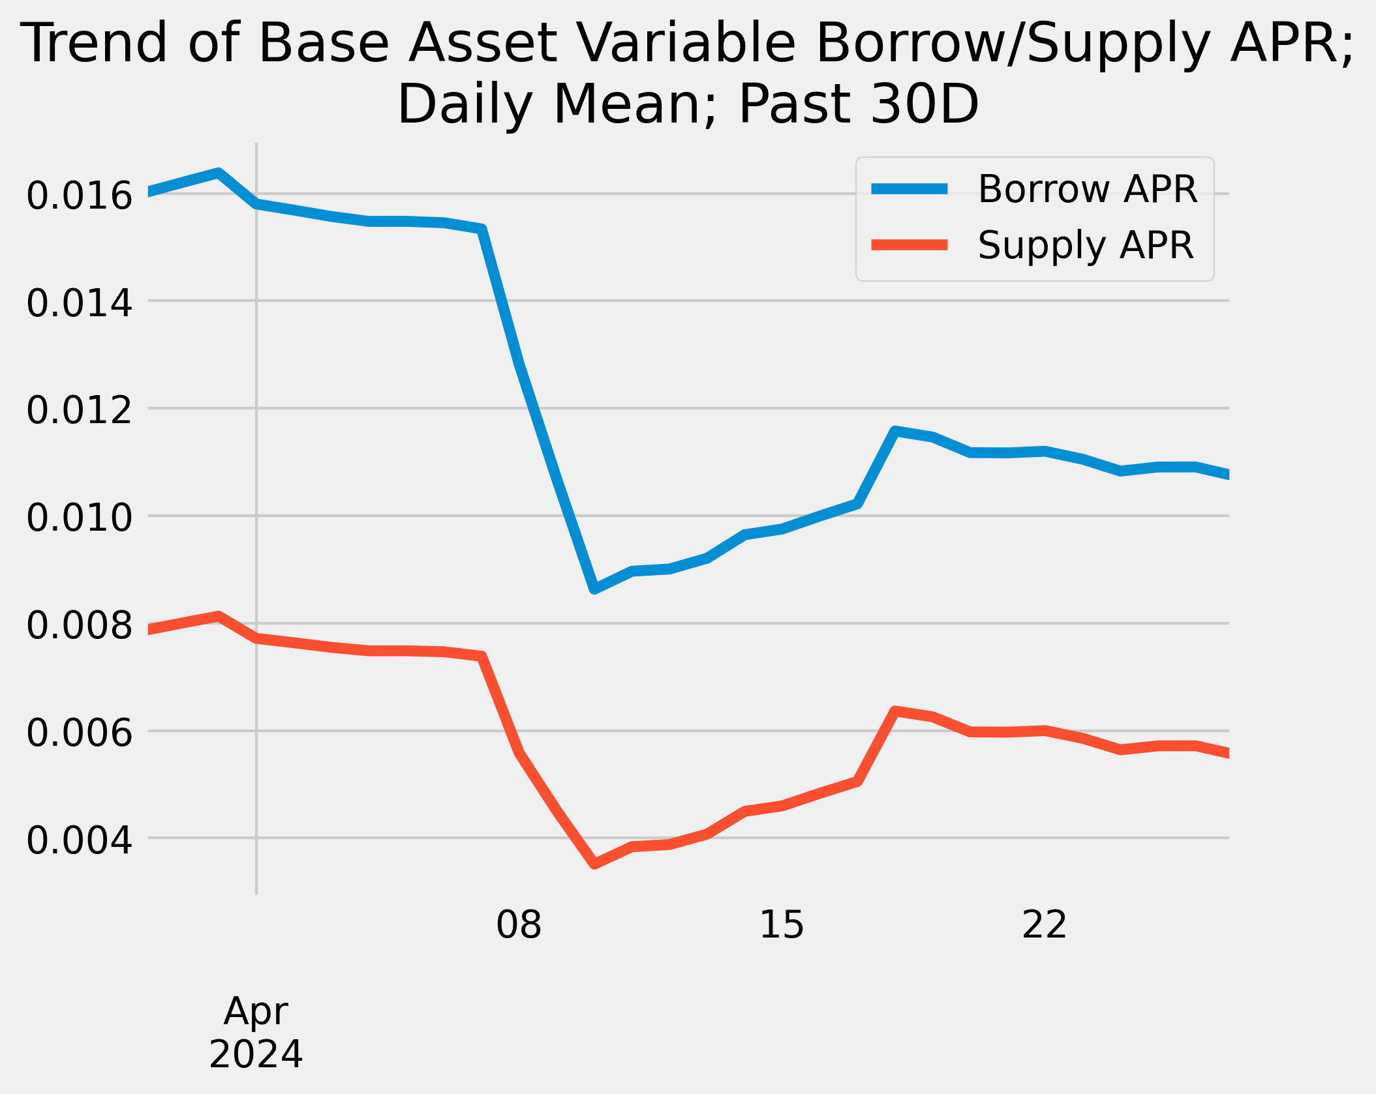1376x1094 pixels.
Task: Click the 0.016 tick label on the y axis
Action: click(79, 196)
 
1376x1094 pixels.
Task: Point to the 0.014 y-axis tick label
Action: click(79, 303)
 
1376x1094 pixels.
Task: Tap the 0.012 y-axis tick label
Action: click(79, 411)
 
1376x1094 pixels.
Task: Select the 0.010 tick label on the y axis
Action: click(79, 518)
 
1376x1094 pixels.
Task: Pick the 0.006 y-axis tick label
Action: click(79, 733)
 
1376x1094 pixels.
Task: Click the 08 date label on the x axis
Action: click(519, 924)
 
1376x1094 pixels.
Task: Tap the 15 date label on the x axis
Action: click(782, 924)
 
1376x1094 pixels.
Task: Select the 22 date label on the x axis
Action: click(1045, 924)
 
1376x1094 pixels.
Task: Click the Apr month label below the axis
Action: click(256, 1012)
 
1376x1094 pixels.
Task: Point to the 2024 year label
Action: click(256, 1054)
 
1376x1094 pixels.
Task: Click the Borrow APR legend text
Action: click(1088, 189)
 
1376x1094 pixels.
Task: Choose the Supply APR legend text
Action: click(1086, 245)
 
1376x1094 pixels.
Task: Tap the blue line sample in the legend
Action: click(910, 189)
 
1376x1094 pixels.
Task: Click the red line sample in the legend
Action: click(910, 244)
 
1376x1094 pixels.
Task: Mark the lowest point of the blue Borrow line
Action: click(594, 588)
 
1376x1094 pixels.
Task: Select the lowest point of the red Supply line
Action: click(594, 864)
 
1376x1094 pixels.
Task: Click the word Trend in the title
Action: click(97, 43)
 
